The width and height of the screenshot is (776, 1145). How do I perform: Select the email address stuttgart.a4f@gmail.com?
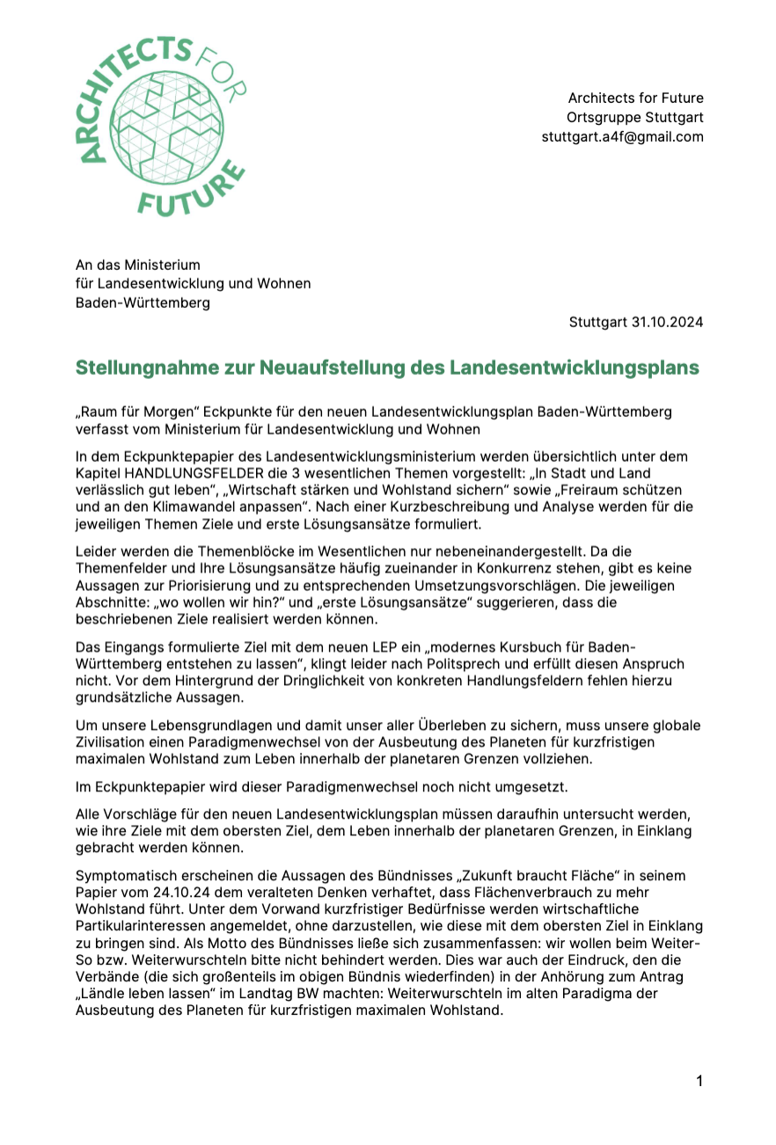pyautogui.click(x=622, y=136)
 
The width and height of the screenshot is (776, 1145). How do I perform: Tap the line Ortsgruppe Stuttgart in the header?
pyautogui.click(x=634, y=117)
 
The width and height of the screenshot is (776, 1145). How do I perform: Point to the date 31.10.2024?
pyautogui.click(x=667, y=322)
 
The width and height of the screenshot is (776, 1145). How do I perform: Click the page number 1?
pyautogui.click(x=699, y=1081)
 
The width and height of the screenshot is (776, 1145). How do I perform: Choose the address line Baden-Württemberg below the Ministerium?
pyautogui.click(x=143, y=303)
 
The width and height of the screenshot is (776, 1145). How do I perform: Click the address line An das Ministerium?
pyautogui.click(x=137, y=264)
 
